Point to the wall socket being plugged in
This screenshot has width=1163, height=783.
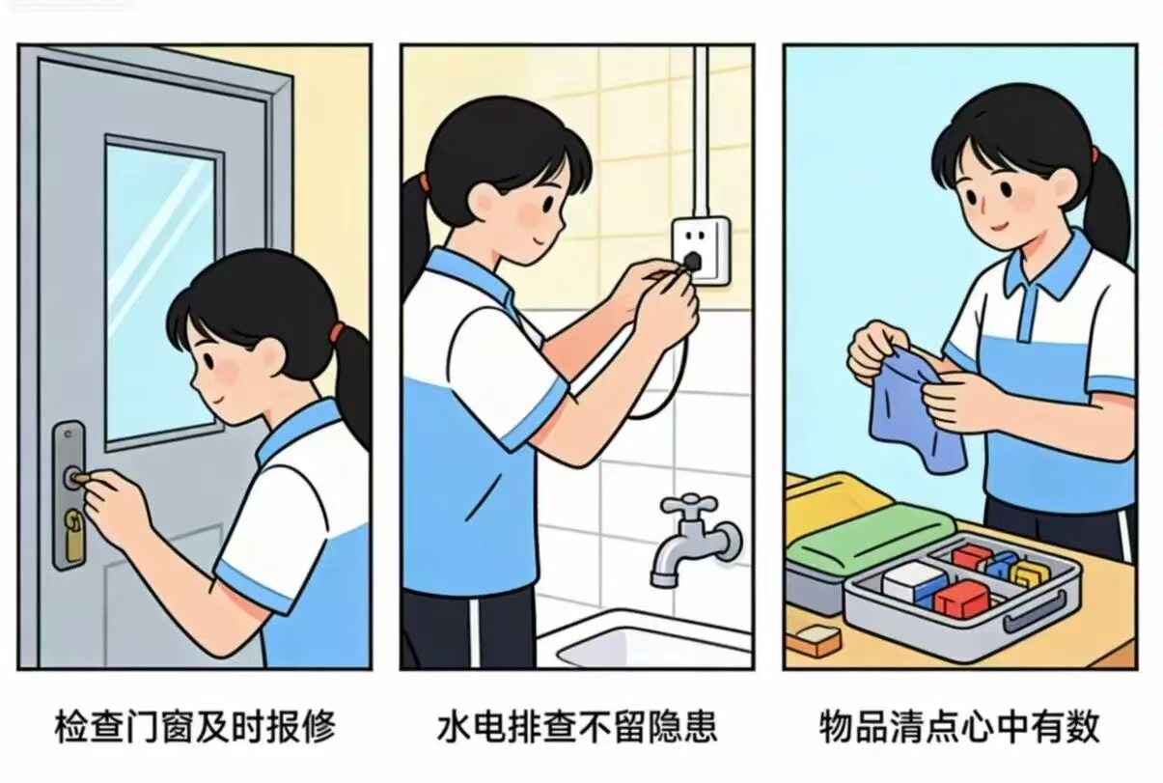click(x=700, y=249)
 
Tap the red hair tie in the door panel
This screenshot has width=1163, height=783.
click(x=336, y=334)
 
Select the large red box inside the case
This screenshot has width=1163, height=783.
click(x=961, y=598)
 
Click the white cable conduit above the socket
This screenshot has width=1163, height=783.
click(x=701, y=126)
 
